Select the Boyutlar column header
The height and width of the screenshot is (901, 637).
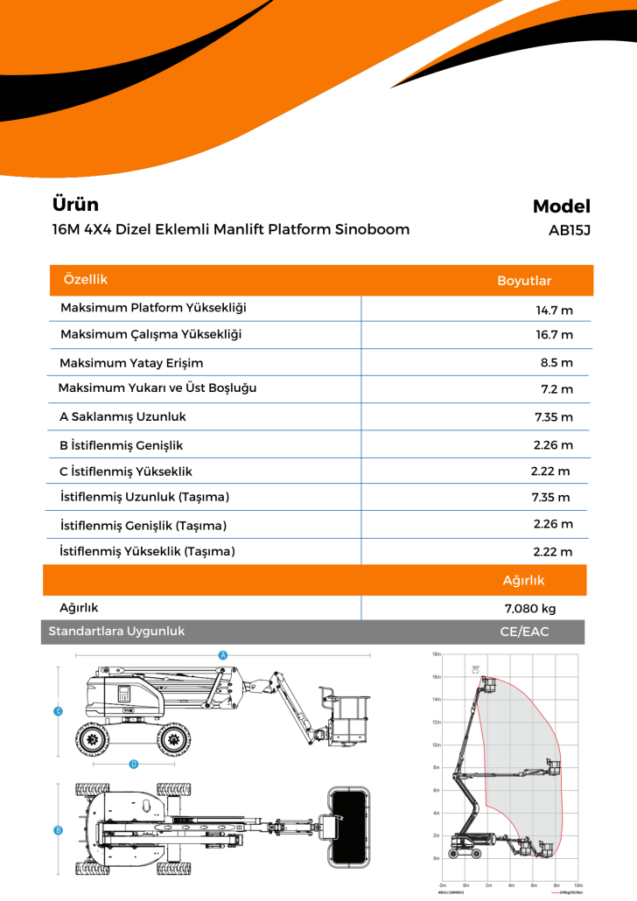pos(524,281)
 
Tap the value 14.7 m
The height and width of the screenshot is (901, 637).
pos(554,310)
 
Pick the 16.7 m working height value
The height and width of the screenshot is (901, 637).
pos(554,335)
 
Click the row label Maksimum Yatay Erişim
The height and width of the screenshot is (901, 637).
pos(131,363)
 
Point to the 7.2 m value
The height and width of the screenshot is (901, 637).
pos(556,389)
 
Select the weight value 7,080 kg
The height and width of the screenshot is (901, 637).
pos(530,609)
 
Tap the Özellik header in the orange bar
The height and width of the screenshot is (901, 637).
pos(86,279)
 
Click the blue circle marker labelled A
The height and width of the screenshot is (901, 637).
pos(222,655)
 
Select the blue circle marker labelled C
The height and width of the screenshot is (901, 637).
pos(58,711)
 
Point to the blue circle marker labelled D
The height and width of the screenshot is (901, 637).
pos(134,764)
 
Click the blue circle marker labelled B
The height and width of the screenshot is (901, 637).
pos(58,829)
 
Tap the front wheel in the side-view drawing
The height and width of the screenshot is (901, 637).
pos(178,739)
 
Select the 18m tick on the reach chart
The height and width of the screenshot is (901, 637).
pos(436,654)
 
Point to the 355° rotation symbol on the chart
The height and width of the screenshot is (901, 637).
pos(475,668)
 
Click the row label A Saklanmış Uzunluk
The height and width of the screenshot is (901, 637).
pos(122,417)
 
